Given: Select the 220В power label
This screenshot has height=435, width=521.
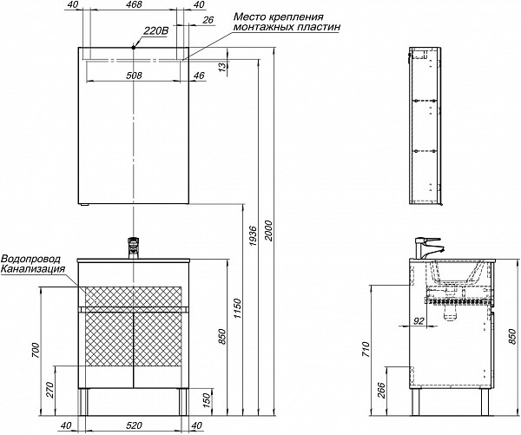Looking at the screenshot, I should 155,31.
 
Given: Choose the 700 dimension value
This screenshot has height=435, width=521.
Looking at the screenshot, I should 36,351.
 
